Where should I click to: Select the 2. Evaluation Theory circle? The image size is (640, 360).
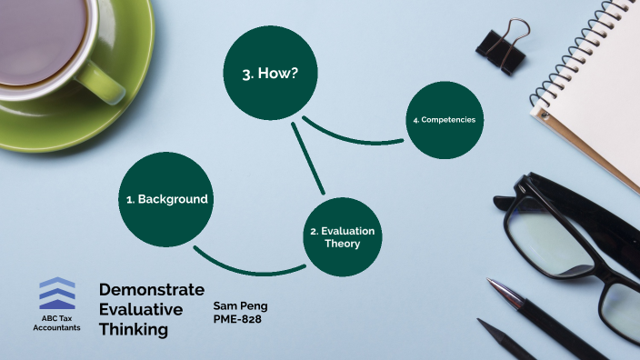(342, 236)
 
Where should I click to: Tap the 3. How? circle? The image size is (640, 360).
(271, 75)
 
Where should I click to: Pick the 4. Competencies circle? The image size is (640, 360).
(443, 120)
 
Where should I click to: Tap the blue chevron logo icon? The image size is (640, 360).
(57, 294)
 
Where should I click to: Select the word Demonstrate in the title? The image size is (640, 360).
(151, 290)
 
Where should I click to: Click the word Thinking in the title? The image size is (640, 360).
(134, 329)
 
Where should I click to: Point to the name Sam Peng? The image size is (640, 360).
(240, 305)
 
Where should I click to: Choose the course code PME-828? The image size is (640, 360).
(238, 319)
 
